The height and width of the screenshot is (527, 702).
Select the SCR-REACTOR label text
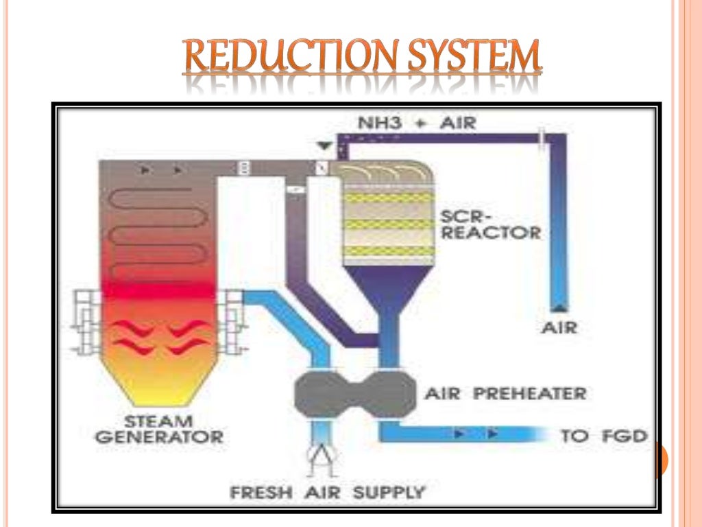[489, 224]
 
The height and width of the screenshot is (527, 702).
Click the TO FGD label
[604, 435]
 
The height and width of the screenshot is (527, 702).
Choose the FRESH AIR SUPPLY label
[327, 492]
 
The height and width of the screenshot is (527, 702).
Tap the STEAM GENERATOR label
[158, 428]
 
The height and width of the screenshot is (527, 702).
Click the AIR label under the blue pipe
[559, 327]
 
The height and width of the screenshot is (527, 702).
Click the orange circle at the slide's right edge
[662, 460]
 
